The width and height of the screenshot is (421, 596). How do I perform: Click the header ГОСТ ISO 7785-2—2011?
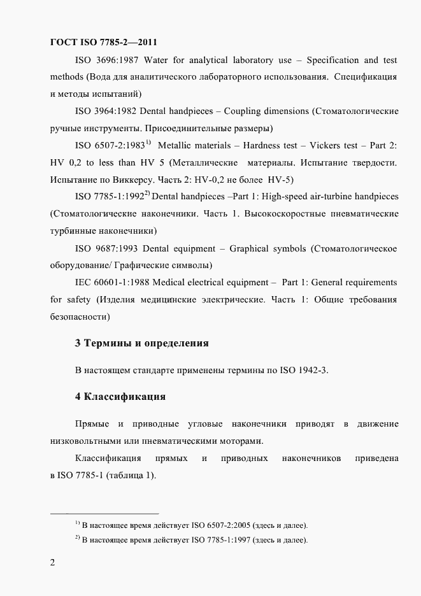coord(104,43)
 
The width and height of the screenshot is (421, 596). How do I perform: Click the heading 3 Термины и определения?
coord(142,343)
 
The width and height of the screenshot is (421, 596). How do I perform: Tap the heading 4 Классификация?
coord(120,397)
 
